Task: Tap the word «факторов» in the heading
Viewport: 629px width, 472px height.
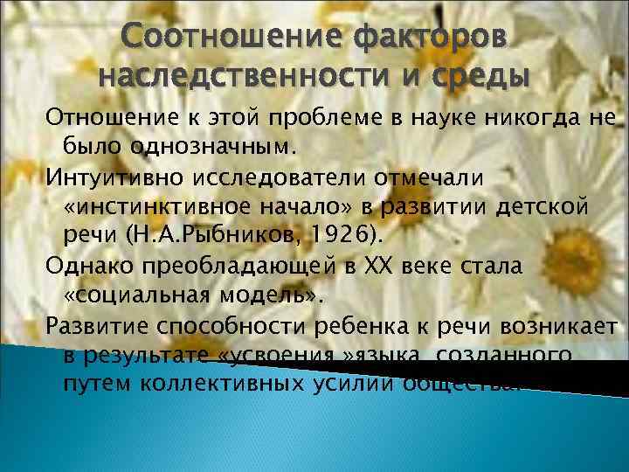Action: click(x=432, y=39)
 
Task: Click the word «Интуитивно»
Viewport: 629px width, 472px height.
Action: click(x=107, y=177)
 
